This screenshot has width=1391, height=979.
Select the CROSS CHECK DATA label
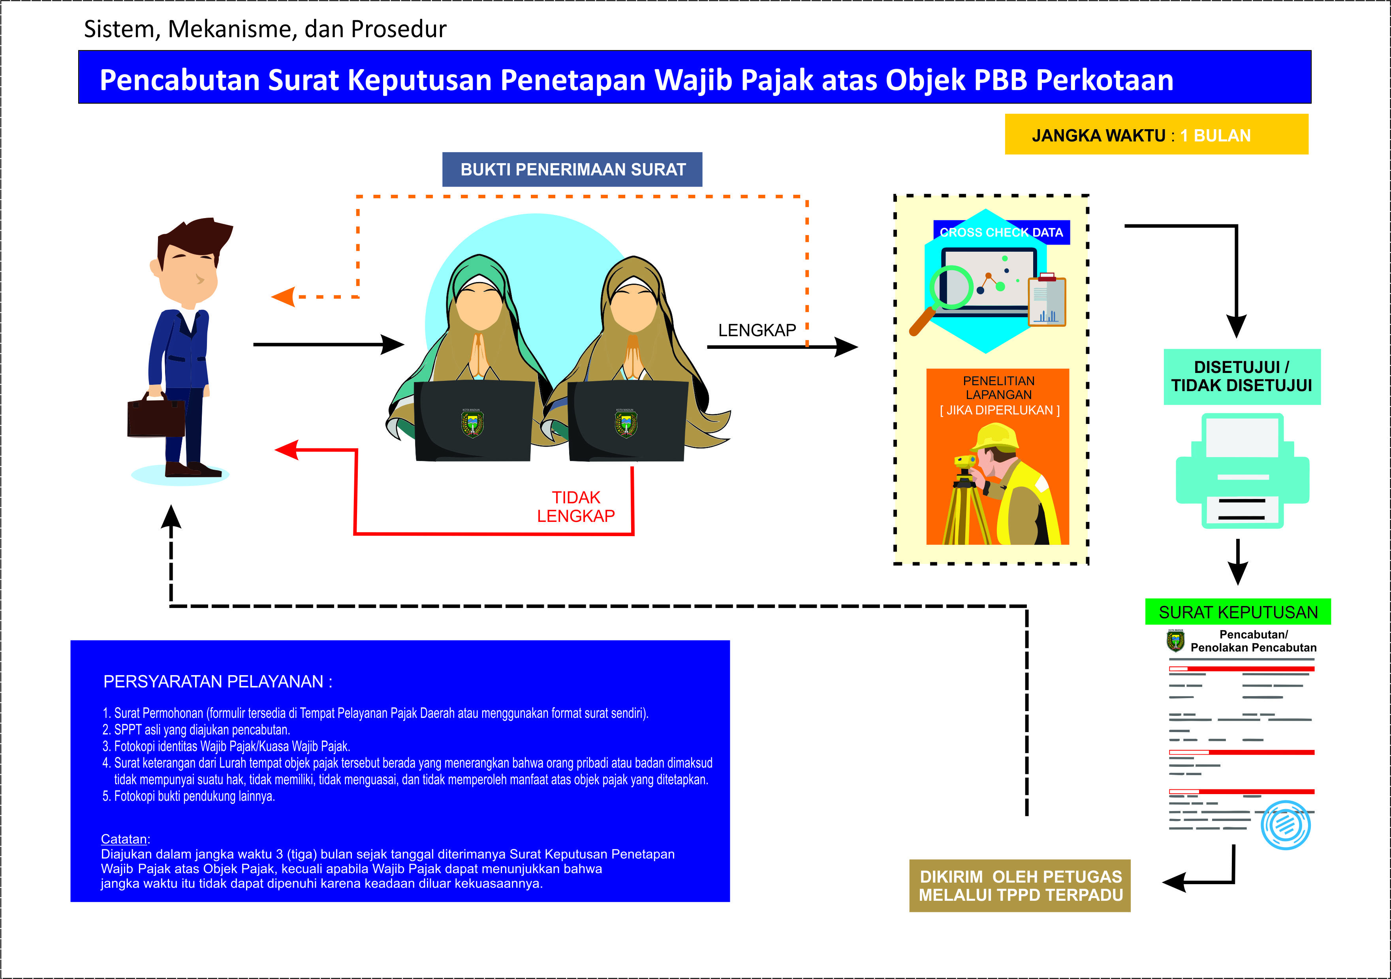click(1002, 232)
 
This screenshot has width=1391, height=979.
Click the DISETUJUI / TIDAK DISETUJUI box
click(1242, 377)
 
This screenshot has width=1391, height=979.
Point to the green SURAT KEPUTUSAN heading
click(1238, 612)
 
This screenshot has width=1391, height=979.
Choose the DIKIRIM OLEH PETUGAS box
click(1020, 886)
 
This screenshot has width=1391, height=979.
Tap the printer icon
click(1243, 471)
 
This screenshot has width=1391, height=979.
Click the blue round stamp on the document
click(1286, 825)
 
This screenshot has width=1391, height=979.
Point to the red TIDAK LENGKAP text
click(575, 507)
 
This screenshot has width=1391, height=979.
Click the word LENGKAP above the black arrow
click(757, 330)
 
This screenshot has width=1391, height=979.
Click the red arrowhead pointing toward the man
click(287, 450)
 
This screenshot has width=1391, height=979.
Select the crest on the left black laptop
click(472, 423)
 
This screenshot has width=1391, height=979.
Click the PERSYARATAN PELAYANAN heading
click(218, 682)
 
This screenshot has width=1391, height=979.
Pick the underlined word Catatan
click(124, 839)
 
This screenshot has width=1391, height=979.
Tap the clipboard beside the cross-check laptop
click(1047, 300)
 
